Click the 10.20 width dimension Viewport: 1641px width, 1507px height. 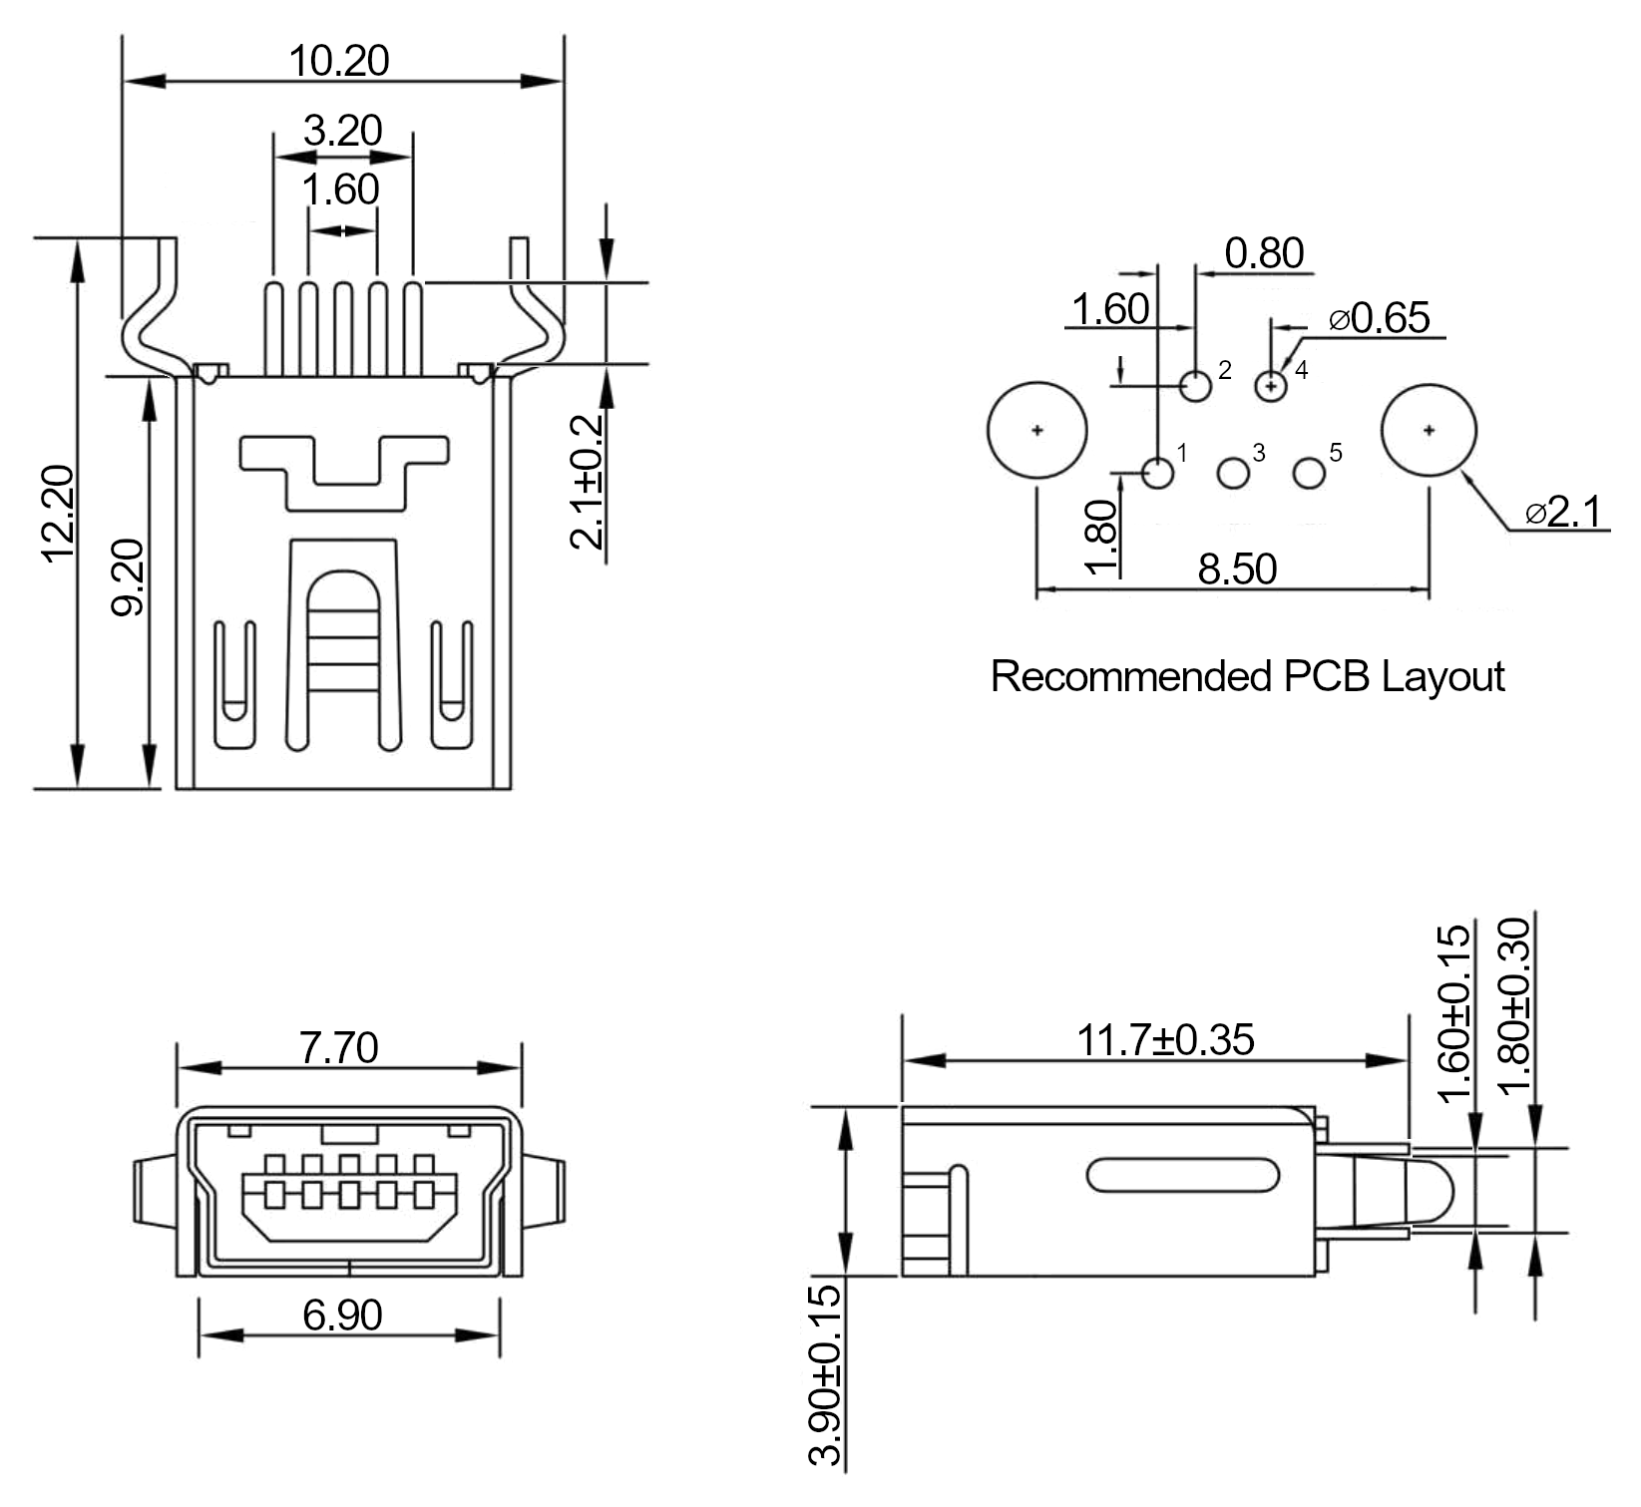(x=339, y=61)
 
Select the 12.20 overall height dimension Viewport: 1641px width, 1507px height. (x=59, y=514)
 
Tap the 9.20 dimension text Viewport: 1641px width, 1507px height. (x=130, y=577)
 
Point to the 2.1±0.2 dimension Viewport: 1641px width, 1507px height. (x=589, y=482)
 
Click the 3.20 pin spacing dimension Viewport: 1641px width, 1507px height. (x=342, y=131)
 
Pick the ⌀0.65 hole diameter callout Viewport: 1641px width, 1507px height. (x=1381, y=318)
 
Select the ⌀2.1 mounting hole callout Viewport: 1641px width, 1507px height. (x=1563, y=512)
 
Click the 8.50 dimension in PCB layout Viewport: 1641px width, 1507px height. (x=1237, y=568)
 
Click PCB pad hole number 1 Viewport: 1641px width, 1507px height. (x=1157, y=473)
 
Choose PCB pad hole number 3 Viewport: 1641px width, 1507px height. (x=1234, y=473)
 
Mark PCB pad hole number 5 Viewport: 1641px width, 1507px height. (x=1309, y=473)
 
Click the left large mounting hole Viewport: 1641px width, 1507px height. (x=1037, y=431)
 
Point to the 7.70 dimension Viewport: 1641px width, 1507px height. (x=339, y=1048)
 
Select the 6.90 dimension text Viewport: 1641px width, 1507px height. (x=342, y=1316)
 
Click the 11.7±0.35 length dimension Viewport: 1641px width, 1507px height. (x=1165, y=1040)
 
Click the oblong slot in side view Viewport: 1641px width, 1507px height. (x=1183, y=1176)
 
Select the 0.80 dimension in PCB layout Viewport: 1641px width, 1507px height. (x=1264, y=253)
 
